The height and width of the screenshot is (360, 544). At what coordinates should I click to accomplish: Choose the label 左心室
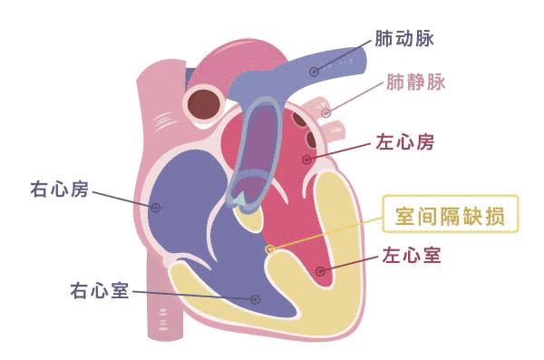point(410,255)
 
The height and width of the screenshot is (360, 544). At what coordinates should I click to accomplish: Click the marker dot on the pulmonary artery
point(314,71)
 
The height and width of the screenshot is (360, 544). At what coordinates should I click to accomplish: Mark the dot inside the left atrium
point(307,160)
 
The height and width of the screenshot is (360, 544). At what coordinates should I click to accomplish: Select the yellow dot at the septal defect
point(268,248)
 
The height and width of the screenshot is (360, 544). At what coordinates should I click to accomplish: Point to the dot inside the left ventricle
point(318,271)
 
